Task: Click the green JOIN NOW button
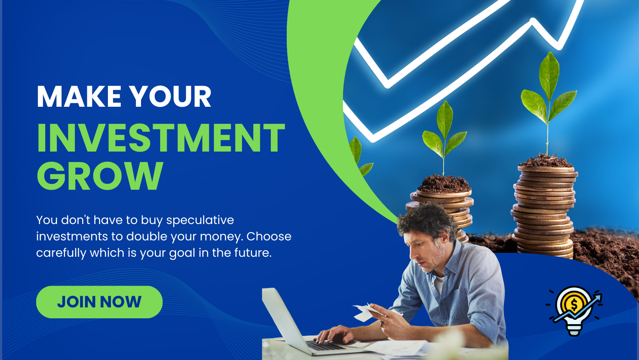(99, 302)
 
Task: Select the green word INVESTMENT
(161, 138)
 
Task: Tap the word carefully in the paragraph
(61, 253)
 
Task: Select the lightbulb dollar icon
(574, 311)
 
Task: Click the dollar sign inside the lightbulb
(574, 305)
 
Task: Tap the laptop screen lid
(283, 317)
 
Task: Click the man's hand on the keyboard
(334, 334)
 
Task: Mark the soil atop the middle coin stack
(443, 184)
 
